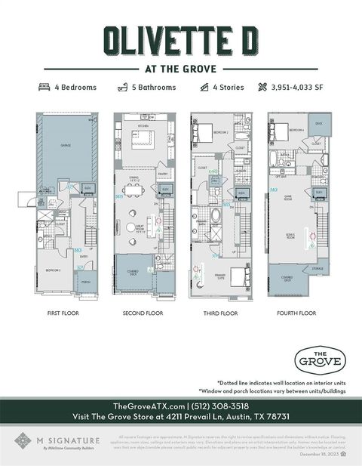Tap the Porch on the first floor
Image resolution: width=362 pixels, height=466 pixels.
pyautogui.click(x=85, y=283)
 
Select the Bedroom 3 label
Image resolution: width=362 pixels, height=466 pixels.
pyautogui.click(x=53, y=270)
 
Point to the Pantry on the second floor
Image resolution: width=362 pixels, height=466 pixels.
pyautogui.click(x=162, y=175)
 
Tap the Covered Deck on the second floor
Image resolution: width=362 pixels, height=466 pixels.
pyautogui.click(x=133, y=272)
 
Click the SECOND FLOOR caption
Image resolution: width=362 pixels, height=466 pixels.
pyautogui.click(x=143, y=313)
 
